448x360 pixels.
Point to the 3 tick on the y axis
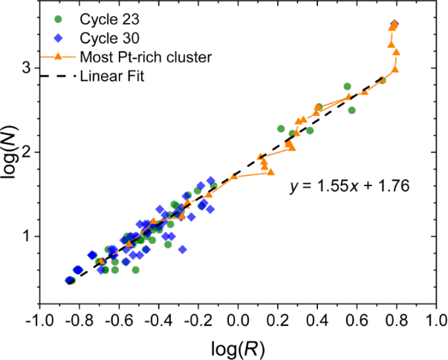click(x=25, y=68)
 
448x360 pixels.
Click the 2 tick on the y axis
click(x=25, y=152)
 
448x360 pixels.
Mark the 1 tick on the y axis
click(x=25, y=236)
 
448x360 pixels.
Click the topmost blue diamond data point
click(x=395, y=24)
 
